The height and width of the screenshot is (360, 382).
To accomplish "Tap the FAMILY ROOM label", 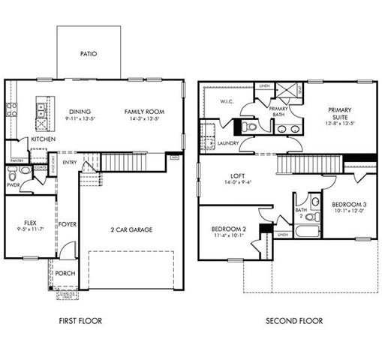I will point(144,112).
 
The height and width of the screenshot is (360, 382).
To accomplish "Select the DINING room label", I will point(80,112).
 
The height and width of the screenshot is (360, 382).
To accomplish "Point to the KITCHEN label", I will point(41,139).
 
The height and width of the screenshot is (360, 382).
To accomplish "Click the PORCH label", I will point(65,273).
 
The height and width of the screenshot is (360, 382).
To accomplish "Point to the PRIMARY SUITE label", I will point(339,112).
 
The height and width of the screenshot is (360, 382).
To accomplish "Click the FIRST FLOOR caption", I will point(80,321).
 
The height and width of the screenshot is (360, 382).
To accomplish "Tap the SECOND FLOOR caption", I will point(294,321).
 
